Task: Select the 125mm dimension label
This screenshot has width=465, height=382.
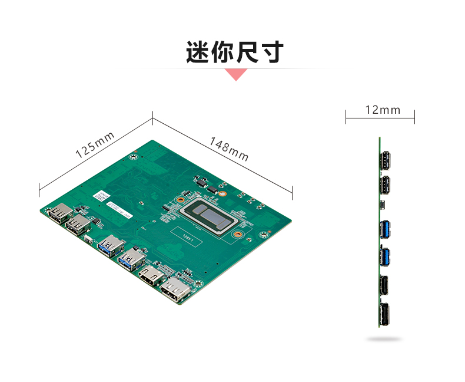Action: pyautogui.click(x=95, y=144)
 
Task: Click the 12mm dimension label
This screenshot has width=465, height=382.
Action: pyautogui.click(x=382, y=110)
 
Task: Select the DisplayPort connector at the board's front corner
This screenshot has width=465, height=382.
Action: pyautogui.click(x=174, y=291)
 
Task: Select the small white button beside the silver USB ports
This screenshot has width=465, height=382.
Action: pyautogui.click(x=88, y=239)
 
